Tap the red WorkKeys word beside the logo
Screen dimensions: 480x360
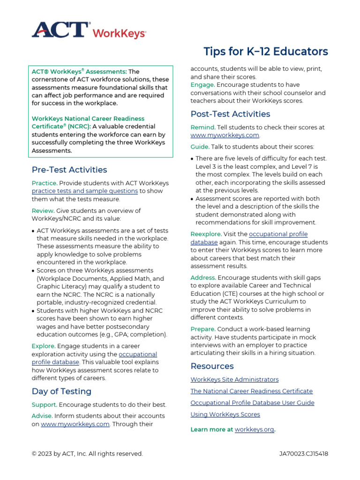[x=119, y=33]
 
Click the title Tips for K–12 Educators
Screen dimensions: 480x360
[x=266, y=52]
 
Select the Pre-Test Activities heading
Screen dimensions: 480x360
[x=69, y=170]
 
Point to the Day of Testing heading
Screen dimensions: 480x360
[x=61, y=391]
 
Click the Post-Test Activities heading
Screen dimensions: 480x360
[x=230, y=114]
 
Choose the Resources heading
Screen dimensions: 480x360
[x=212, y=366]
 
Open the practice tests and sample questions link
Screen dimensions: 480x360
[x=85, y=191]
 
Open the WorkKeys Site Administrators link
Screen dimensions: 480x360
[x=234, y=380]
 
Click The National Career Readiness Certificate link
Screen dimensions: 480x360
[x=251, y=391]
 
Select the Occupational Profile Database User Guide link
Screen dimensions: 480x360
[x=252, y=403]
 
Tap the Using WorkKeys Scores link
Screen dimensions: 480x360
[x=225, y=415]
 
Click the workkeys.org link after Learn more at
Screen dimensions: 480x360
[x=254, y=429]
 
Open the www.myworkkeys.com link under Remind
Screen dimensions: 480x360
[x=225, y=135]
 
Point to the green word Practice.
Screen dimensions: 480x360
[x=45, y=183]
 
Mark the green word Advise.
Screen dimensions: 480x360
[x=42, y=416]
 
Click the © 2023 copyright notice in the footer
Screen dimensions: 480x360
[x=87, y=454]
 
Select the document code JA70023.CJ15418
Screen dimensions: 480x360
[x=303, y=454]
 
